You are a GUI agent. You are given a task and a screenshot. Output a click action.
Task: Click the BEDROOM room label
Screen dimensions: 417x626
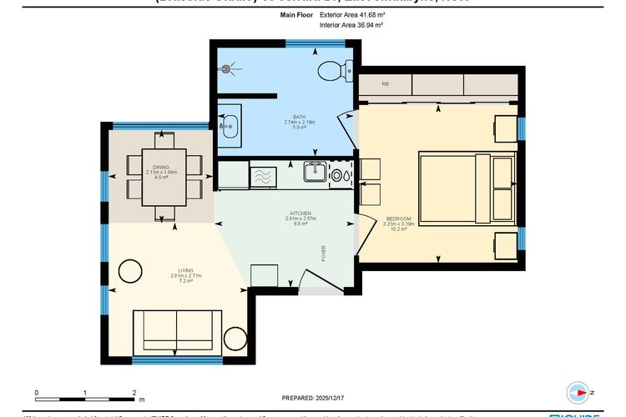coord(396,219)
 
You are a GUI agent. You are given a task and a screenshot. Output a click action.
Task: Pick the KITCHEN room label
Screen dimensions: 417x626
coord(300,214)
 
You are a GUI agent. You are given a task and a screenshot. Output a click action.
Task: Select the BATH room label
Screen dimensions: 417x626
coord(298,117)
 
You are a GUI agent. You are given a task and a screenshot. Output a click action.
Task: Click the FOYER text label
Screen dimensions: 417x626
coord(324,254)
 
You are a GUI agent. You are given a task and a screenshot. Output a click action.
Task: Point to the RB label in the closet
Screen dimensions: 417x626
coord(386,84)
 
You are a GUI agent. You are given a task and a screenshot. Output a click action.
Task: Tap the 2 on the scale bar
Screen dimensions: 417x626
coord(134,391)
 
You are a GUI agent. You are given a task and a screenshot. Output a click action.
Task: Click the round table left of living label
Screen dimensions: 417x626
coord(129,270)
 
